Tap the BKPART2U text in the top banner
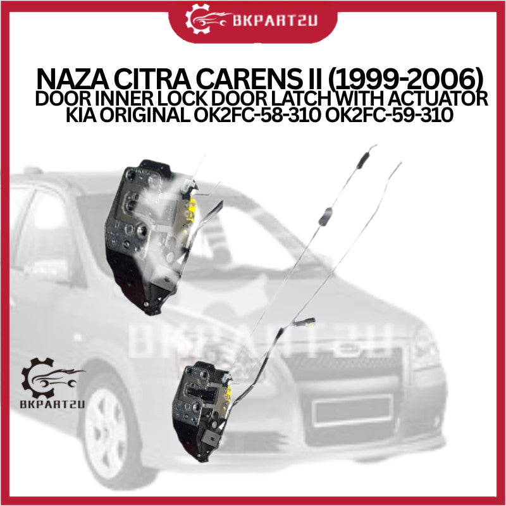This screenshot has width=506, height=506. pyautogui.click(x=275, y=21)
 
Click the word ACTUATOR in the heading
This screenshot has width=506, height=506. pyautogui.click(x=438, y=99)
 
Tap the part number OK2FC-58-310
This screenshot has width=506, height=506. pyautogui.click(x=257, y=115)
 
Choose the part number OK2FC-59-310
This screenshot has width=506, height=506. pyautogui.click(x=389, y=115)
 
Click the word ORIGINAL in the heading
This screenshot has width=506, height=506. pyautogui.click(x=145, y=115)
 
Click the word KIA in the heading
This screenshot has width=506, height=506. pyautogui.click(x=81, y=115)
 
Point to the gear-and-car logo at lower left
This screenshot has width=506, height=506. pyautogui.click(x=52, y=378)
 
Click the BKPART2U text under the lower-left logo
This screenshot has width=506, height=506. pyautogui.click(x=52, y=405)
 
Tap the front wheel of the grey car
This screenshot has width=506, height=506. pyautogui.click(x=106, y=429)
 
